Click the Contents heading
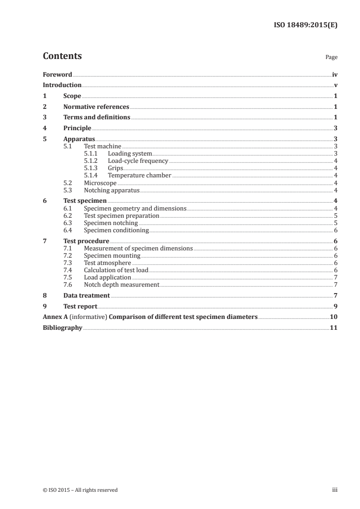[x=62, y=56]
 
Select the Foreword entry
[x=57, y=74]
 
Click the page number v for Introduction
[x=335, y=85]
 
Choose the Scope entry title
[x=72, y=96]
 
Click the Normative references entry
[x=96, y=107]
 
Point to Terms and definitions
[x=97, y=117]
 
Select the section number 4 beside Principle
[x=44, y=128]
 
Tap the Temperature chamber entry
[x=139, y=176]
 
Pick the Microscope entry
[x=100, y=183]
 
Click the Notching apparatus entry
[x=112, y=191]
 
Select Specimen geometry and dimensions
[x=135, y=209]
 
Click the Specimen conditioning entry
[x=116, y=230]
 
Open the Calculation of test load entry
[x=116, y=270]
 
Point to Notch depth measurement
[x=122, y=285]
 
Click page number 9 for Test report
[x=335, y=307]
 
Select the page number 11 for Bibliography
[x=334, y=328]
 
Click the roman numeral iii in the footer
[x=335, y=490]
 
